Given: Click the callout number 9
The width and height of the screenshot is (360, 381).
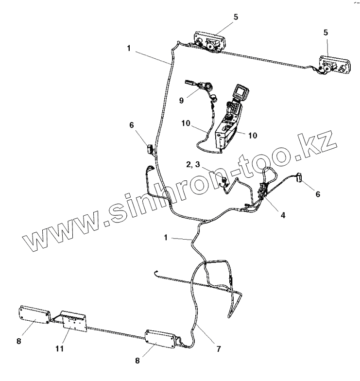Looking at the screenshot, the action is pos(181,101).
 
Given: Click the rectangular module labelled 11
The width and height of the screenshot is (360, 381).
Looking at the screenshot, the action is pos(72,322).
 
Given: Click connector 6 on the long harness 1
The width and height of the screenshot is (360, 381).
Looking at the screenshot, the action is pos(150,147).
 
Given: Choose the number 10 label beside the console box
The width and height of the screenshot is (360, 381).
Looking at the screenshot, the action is pos(253,135).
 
